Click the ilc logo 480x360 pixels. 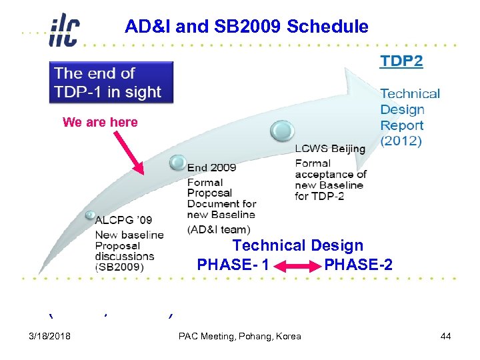[64, 30]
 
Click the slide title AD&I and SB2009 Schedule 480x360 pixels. [247, 27]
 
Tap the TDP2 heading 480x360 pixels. [401, 61]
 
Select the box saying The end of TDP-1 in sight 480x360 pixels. [112, 83]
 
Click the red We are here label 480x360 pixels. [100, 122]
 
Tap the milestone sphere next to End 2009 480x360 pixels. [177, 161]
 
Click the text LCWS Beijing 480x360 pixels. [330, 149]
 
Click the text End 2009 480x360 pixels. [211, 167]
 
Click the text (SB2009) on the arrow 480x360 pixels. [129, 267]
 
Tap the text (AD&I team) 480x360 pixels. [218, 229]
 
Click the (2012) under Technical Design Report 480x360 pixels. [400, 141]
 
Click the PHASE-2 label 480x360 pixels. [358, 265]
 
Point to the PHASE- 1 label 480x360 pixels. [233, 265]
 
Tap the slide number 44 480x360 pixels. [446, 336]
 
